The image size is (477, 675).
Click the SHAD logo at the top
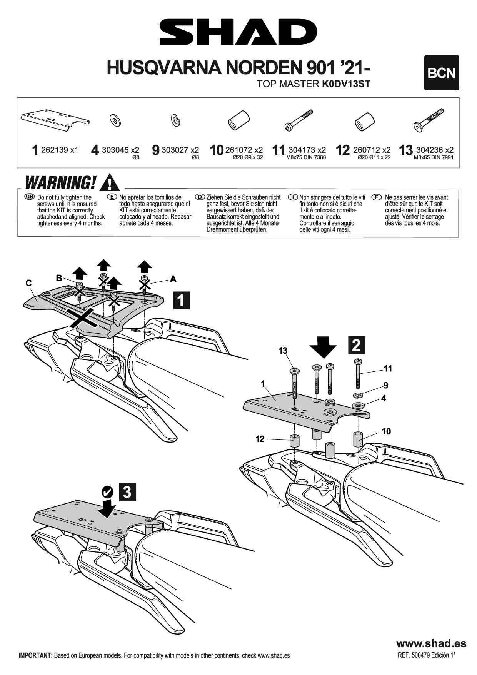click(238, 32)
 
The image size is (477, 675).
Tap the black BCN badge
click(441, 73)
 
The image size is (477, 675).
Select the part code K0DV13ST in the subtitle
click(346, 84)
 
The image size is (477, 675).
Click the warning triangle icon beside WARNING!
click(109, 182)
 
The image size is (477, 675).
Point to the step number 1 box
click(182, 300)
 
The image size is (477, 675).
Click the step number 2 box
click(357, 345)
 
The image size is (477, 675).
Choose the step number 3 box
click(127, 492)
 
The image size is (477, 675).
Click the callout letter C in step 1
click(28, 283)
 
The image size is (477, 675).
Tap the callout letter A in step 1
click(173, 279)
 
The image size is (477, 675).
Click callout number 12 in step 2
click(260, 439)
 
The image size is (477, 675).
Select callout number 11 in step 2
click(388, 369)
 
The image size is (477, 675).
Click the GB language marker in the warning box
click(29, 197)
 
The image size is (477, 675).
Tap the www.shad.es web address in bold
click(431, 643)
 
